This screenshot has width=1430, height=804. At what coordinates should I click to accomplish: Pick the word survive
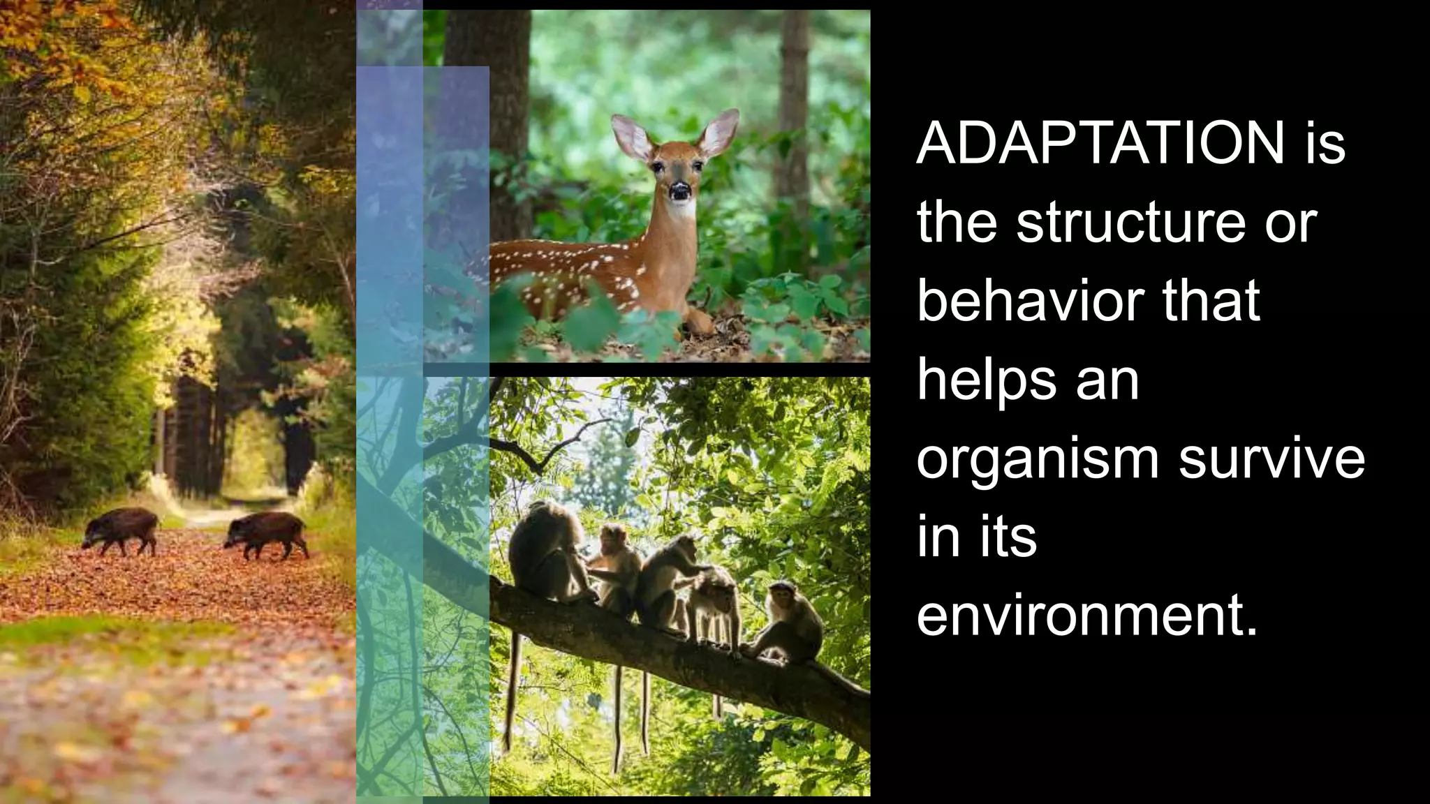coord(1271,459)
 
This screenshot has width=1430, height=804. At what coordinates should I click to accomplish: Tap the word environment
coord(1086,616)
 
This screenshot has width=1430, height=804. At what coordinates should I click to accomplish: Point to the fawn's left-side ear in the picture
coord(631,137)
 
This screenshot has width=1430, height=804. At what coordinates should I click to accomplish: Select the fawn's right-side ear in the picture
coord(719,133)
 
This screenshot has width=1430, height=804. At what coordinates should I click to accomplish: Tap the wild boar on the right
coord(267,532)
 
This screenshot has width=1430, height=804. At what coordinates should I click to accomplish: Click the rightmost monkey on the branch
coord(789,621)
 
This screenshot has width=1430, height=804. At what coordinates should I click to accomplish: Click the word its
coord(1008,537)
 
